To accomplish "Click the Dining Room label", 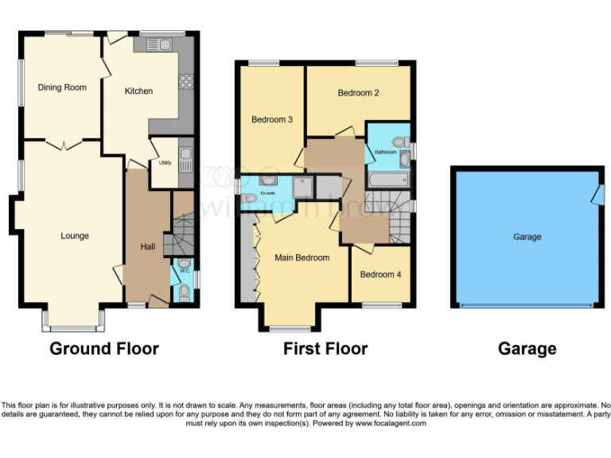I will [x=62, y=87].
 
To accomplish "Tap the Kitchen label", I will [x=138, y=91].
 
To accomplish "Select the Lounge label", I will [x=75, y=236].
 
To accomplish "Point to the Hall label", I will [x=148, y=247].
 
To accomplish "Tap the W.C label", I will [x=185, y=272].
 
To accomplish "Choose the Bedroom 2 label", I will [x=358, y=93].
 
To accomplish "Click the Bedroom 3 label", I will [x=272, y=120].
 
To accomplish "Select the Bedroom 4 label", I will [x=380, y=275].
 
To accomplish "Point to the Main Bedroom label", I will [x=302, y=258].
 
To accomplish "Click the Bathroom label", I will [x=386, y=151].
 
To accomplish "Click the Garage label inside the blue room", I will [x=527, y=237].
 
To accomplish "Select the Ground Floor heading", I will [x=104, y=348].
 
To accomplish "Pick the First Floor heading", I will [x=325, y=348].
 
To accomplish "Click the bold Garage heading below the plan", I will [x=527, y=348].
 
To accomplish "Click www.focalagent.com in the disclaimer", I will [x=390, y=424].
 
